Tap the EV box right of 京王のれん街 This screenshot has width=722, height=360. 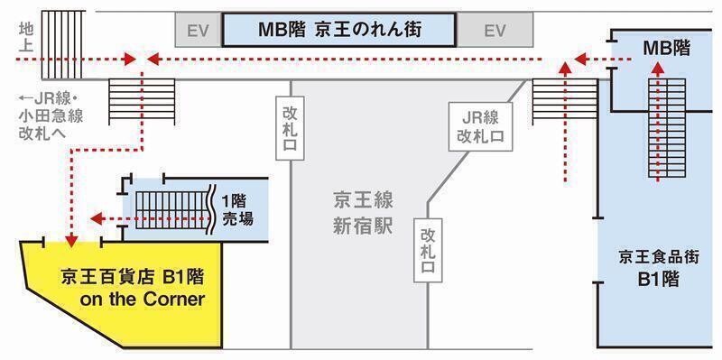tap(495, 31)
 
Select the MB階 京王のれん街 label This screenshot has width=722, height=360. tap(338, 30)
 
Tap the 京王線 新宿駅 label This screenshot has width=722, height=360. tap(359, 213)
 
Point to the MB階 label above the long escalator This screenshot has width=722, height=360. tap(667, 46)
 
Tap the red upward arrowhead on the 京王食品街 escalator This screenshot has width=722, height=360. tap(658, 68)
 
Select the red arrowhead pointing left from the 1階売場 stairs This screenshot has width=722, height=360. tap(96, 218)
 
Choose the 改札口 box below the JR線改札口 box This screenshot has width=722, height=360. tap(428, 249)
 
